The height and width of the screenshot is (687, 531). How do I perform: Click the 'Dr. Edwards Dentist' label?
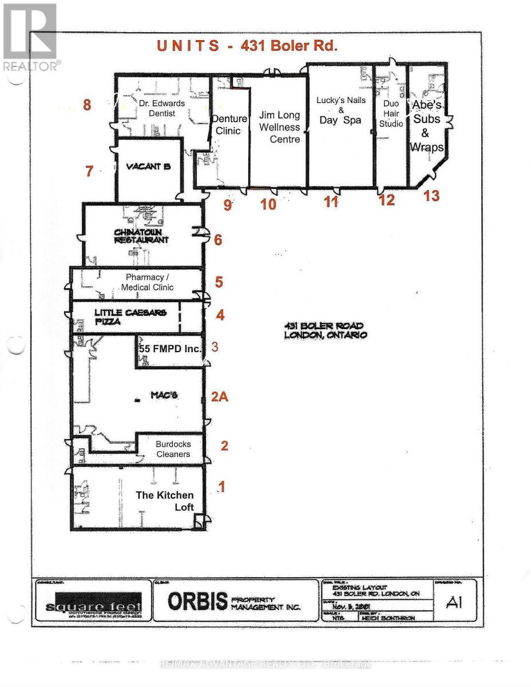tap(162, 108)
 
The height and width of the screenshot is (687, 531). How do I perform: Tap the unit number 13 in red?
tap(431, 196)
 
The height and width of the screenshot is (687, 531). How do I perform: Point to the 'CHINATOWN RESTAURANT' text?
tap(141, 236)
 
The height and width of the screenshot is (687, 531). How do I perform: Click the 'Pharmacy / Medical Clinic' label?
tap(147, 282)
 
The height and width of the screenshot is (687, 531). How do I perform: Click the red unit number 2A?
tap(220, 396)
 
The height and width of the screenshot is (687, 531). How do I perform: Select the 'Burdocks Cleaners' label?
tap(173, 449)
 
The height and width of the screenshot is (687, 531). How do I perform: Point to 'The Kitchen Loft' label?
tap(164, 501)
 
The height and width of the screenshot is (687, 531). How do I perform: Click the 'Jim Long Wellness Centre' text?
tap(279, 127)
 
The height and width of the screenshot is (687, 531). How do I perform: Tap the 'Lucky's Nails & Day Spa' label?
tap(341, 110)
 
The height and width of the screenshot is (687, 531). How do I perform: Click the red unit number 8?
tap(87, 105)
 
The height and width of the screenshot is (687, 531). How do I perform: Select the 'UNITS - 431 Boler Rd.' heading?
tap(247, 46)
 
